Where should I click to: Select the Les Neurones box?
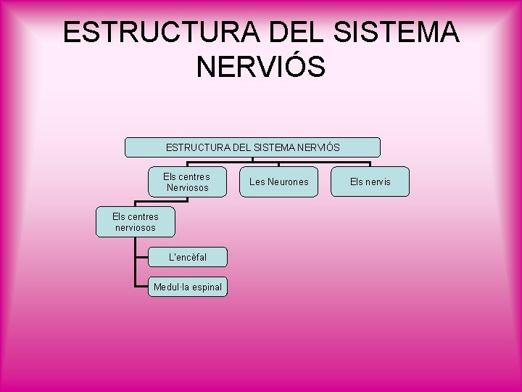pyautogui.click(x=278, y=181)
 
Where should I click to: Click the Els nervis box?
pyautogui.click(x=370, y=181)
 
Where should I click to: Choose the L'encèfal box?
pyautogui.click(x=187, y=257)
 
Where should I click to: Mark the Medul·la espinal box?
pyautogui.click(x=187, y=287)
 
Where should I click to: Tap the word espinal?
pyautogui.click(x=204, y=287)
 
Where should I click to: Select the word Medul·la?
pyautogui.click(x=170, y=287)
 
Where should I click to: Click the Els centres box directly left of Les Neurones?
pyautogui.click(x=186, y=181)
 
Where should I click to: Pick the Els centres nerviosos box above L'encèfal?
pyautogui.click(x=135, y=221)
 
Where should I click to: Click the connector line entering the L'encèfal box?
pyautogui.click(x=141, y=257)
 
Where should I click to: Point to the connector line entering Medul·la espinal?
pyautogui.click(x=141, y=287)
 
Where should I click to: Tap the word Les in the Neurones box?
pyautogui.click(x=257, y=181)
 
